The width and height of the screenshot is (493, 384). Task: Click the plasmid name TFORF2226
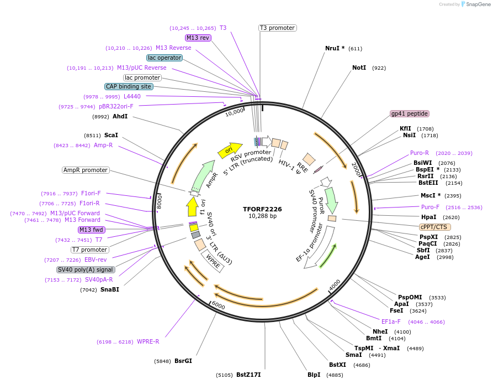coord(262,209)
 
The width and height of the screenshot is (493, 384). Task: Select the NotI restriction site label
coord(359,68)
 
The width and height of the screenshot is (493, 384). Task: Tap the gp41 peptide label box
coord(409,113)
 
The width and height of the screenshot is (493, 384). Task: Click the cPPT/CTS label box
coord(435,227)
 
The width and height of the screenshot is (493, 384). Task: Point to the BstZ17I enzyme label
coord(248,375)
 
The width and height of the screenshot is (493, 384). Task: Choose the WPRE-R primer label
coord(148,341)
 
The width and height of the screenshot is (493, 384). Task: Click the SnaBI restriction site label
coord(109,289)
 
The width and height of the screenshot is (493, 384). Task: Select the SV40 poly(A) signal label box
coord(86,269)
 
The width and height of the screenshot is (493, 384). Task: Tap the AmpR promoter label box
coord(86,170)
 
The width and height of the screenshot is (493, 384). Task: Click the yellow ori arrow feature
coord(232,148)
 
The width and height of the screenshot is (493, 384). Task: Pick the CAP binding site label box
coord(129,86)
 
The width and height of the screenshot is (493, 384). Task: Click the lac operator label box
coord(165,58)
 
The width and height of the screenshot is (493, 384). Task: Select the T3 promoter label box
coord(277,28)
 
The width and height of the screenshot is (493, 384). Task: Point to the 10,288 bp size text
coord(262,216)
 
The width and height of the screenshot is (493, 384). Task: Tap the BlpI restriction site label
coord(314,375)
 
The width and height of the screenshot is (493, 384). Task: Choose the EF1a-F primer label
coord(391,321)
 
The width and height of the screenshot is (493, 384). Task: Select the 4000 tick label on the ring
coord(335,284)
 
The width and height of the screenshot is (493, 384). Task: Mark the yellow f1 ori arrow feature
coord(192,207)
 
